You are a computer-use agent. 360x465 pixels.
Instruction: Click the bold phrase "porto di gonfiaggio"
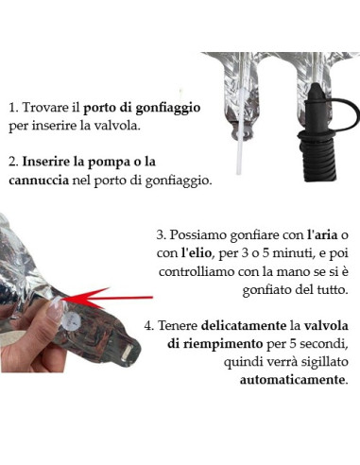point(154,109)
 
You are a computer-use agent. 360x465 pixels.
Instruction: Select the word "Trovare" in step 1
point(48,109)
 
